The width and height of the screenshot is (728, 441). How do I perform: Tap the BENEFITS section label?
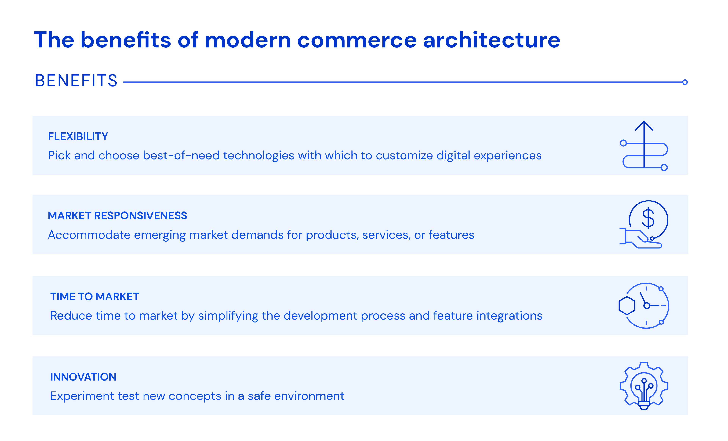point(76,81)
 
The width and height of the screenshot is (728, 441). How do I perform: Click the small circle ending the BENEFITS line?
point(685,82)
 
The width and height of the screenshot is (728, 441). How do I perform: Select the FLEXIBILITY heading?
point(78,136)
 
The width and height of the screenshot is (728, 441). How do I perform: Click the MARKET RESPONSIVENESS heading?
point(117,216)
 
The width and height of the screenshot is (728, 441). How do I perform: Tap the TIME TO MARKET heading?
point(95,297)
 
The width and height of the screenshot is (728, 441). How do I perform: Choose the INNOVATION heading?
point(83,377)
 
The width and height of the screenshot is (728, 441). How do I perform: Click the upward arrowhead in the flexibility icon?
point(644,125)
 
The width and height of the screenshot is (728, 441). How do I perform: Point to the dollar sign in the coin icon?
point(648,218)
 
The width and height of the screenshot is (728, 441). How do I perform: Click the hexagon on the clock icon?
point(627,306)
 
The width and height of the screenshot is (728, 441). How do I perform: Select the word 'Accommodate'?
point(89,235)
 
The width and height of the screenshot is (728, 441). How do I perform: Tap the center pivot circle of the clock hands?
point(646,306)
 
